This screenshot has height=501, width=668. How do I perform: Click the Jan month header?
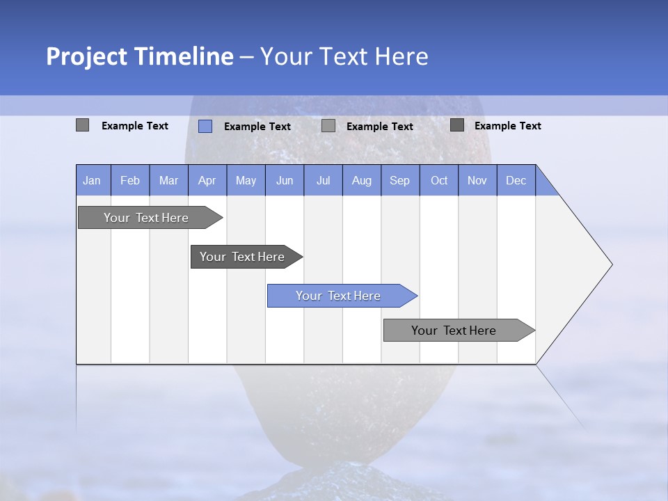(93, 180)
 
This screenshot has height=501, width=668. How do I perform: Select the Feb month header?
(130, 180)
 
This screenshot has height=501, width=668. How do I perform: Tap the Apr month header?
(207, 180)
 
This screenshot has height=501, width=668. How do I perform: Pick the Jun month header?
(285, 180)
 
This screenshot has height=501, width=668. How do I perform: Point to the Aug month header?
(362, 180)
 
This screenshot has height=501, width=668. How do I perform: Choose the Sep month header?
(400, 180)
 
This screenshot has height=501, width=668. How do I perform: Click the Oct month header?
(439, 180)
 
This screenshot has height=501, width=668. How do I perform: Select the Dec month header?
(516, 180)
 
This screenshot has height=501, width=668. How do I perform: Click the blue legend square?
(205, 126)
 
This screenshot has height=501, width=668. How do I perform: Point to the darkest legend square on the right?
(457, 125)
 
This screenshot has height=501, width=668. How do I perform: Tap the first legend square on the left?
(83, 125)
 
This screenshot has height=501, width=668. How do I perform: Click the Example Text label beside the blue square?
(257, 127)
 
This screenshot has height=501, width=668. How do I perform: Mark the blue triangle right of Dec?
(545, 185)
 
